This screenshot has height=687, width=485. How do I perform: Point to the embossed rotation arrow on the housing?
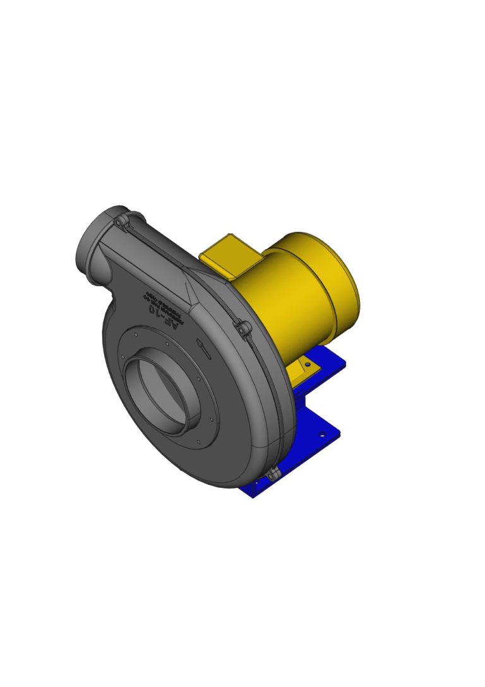pos(204,347)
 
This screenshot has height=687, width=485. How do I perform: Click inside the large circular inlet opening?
pos(165,392)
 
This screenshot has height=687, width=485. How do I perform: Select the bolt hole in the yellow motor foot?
pos(308,364)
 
